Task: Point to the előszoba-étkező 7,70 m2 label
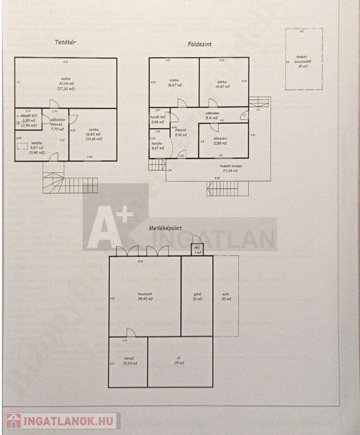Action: (58, 125)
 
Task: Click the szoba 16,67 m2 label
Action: (174, 83)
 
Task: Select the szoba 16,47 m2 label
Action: (223, 83)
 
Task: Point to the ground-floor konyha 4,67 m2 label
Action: (158, 146)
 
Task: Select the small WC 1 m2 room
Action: (196, 250)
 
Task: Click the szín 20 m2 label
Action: (226, 296)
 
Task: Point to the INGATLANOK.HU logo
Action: (61, 421)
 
